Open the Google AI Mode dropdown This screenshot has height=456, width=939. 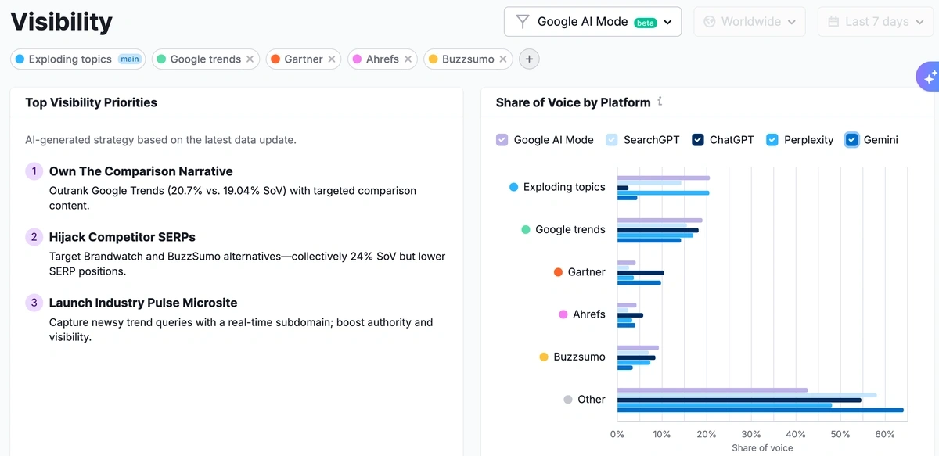tap(592, 22)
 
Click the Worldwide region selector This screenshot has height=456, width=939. tap(750, 22)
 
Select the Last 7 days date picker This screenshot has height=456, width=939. tap(877, 22)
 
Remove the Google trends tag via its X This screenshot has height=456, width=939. tap(250, 59)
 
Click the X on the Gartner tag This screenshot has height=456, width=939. tap(332, 59)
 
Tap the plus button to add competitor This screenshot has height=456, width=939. tap(529, 59)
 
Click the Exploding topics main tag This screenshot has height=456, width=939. tap(77, 59)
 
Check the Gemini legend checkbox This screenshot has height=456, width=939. tap(852, 140)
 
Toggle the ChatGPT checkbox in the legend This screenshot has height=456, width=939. tap(698, 140)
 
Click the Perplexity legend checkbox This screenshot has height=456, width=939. tap(772, 140)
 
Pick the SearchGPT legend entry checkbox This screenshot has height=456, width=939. tap(612, 140)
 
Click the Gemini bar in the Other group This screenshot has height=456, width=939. tap(760, 410)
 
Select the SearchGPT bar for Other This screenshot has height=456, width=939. tap(747, 395)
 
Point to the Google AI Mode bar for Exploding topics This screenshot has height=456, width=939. tap(664, 178)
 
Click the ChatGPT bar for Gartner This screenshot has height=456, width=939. tap(641, 272)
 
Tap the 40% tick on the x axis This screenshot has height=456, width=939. tap(795, 434)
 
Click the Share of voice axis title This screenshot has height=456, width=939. tap(762, 448)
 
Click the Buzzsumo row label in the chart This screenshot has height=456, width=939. tap(579, 357)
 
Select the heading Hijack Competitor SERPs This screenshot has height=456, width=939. tap(122, 237)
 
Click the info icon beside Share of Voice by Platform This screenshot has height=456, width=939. tap(660, 102)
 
